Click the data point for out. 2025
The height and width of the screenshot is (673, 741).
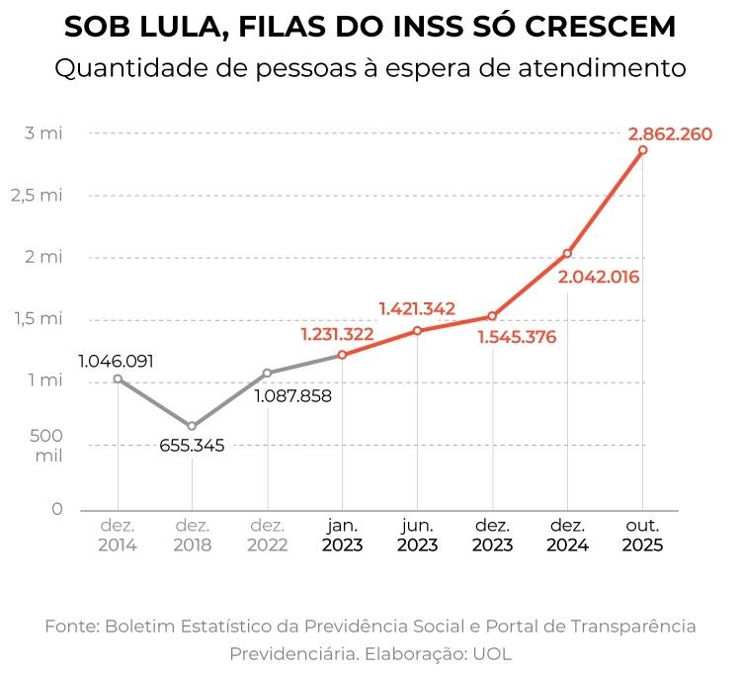642,150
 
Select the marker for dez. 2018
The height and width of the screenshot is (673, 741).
192,426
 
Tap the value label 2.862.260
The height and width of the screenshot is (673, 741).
669,133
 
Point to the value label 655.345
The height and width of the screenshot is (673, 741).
192,446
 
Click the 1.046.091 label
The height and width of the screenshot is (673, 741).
117,361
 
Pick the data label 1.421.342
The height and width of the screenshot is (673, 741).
417,308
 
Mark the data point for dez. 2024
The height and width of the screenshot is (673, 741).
567,254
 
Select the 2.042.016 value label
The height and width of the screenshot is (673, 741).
599,277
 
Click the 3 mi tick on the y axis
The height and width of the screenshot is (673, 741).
43,133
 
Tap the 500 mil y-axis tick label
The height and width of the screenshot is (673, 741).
47,446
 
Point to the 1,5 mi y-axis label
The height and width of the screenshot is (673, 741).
37,318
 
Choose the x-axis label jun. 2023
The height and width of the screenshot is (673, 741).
417,535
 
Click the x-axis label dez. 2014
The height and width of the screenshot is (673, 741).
117,535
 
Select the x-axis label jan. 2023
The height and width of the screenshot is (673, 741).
342,535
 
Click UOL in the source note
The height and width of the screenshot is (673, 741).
491,654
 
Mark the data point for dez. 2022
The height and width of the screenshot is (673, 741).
267,373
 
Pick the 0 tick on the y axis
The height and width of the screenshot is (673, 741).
56,509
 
